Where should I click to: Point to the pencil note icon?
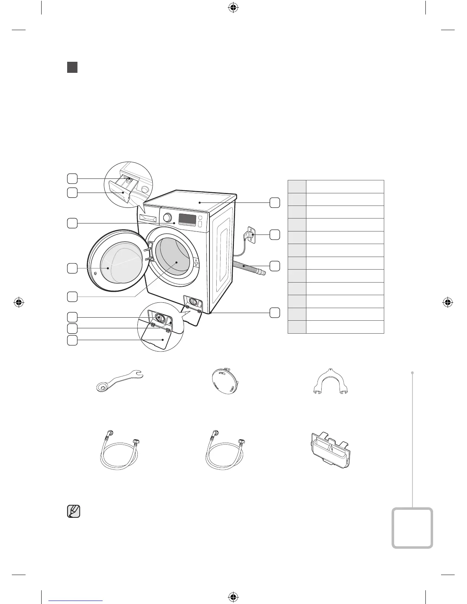[74, 511]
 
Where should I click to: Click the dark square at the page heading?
[72, 67]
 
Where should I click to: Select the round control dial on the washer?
[167, 217]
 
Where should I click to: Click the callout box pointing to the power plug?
[275, 235]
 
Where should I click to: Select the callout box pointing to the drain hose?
[275, 266]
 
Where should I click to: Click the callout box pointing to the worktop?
[275, 202]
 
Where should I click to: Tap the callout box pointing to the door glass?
[72, 268]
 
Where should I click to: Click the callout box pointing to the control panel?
[72, 223]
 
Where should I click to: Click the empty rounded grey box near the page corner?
[412, 528]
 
